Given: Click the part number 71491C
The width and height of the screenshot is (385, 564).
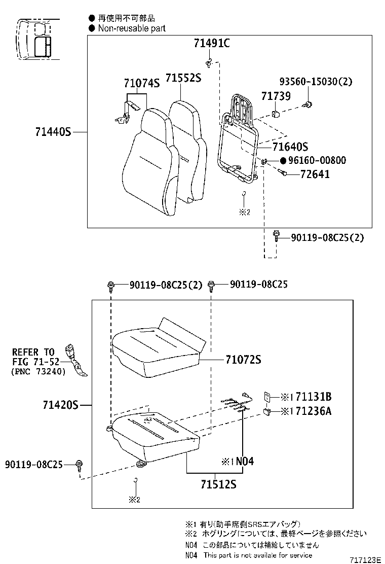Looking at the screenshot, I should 211,44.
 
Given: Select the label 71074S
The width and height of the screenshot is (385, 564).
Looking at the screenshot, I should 142,84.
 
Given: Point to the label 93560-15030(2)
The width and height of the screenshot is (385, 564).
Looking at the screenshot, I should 316,81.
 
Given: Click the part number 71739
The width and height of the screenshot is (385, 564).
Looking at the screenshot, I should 276,96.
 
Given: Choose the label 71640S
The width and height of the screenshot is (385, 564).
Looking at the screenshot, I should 290,147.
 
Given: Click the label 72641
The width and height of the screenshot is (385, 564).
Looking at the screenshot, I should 315,174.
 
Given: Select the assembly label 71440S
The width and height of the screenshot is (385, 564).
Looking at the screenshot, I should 53,132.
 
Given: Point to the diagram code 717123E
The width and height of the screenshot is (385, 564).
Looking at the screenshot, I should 365,559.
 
